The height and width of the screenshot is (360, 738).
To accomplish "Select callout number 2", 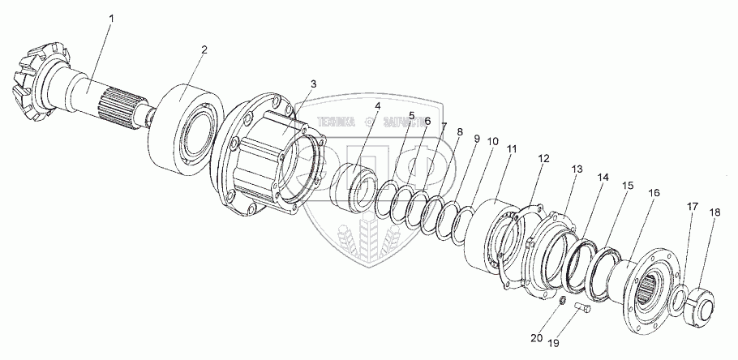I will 204,49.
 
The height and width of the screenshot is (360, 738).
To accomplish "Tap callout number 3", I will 313,84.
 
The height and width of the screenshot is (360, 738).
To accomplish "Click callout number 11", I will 511,150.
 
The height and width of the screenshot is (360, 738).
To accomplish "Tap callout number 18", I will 714,212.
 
